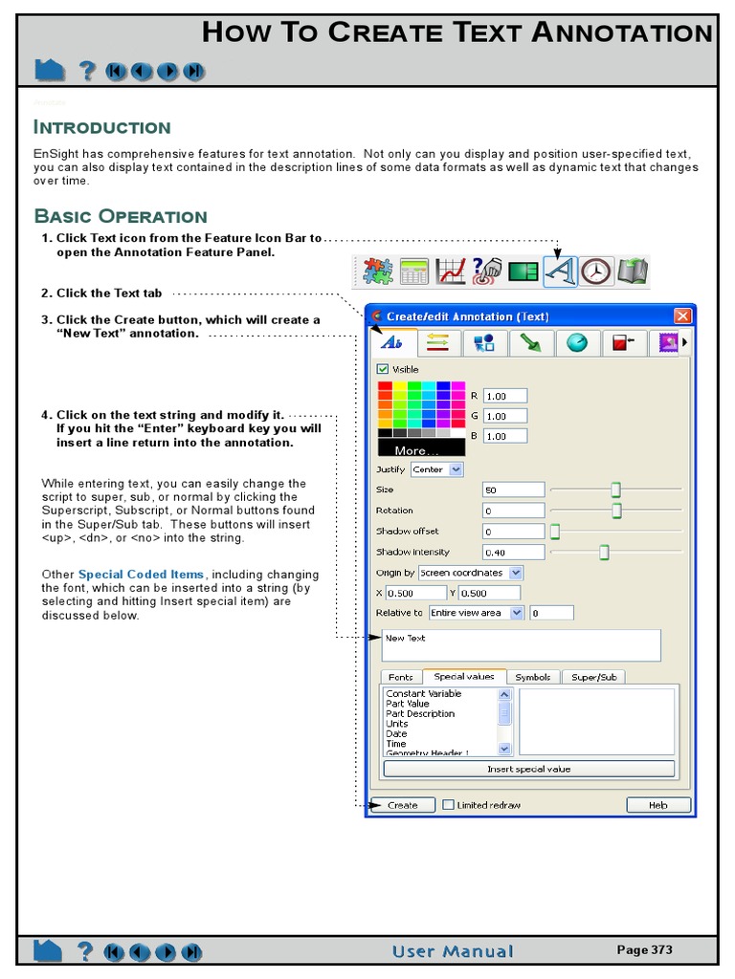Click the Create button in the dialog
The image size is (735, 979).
point(402,805)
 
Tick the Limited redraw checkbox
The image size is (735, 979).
point(448,805)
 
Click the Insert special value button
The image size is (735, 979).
point(528,769)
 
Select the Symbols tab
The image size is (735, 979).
point(533,677)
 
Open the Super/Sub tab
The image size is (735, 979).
point(592,677)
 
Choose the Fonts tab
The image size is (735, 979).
point(400,677)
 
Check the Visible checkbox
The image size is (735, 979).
point(383,369)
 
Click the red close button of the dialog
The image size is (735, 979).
point(682,316)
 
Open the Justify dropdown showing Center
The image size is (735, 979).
point(436,469)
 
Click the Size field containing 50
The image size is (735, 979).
point(513,489)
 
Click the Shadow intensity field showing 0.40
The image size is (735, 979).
point(513,552)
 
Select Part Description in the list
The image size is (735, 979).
point(420,714)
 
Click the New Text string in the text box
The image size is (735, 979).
point(406,638)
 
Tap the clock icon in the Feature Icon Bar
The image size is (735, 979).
point(596,272)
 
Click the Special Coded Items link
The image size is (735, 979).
point(141,575)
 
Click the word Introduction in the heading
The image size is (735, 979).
point(102,127)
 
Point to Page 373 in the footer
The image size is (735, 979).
point(644,949)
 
